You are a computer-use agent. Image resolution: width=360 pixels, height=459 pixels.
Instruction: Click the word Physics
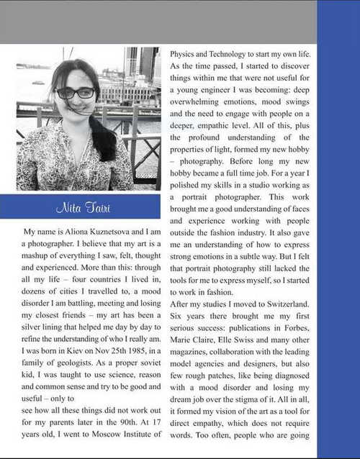pos(186,53)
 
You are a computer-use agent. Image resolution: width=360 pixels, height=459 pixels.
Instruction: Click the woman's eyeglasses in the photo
pos(75,93)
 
